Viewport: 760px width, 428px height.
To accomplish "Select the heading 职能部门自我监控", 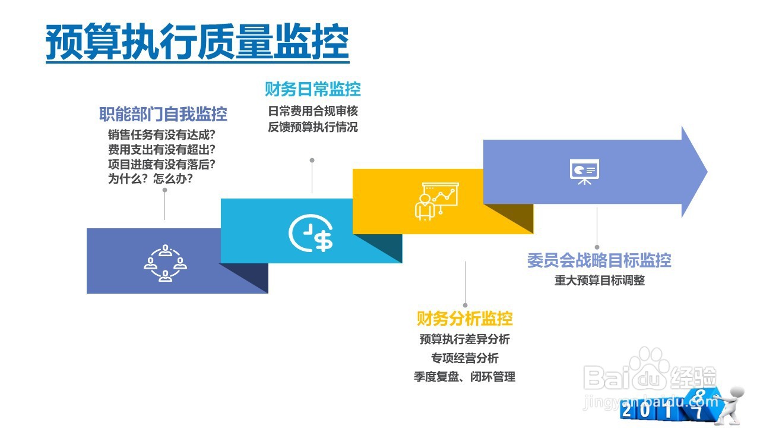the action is pos(163,114).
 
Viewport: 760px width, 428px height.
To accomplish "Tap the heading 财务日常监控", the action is pos(312,90).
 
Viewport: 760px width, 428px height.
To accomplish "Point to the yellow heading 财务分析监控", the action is pos(464,319).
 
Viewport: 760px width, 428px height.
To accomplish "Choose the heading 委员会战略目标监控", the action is pos(598,260).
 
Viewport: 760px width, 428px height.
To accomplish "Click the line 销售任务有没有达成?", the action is pos(161,134).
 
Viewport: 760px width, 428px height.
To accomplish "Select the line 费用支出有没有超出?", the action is pos(161,149).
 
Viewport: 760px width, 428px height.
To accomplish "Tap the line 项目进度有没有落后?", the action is pos(161,163).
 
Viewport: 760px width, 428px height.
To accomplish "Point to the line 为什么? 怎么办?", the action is pos(150,178).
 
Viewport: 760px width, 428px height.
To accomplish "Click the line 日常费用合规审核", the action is pos(313,111).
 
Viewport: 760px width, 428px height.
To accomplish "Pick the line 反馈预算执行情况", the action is pos(313,127).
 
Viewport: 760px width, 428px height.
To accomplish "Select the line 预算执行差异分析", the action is pos(464,339).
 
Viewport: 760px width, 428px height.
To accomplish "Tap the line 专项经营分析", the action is pos(464,358).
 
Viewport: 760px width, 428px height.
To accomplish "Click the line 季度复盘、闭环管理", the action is pos(464,376).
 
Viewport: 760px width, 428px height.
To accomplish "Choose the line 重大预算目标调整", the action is pos(599,281).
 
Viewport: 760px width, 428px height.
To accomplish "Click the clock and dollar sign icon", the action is pos(311,234).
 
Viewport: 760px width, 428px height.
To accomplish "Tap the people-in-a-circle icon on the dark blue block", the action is pos(165,262).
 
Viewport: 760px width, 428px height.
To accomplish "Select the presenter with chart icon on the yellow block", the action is pos(435,201).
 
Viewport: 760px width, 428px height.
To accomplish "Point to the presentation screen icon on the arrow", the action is pos(584,171).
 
